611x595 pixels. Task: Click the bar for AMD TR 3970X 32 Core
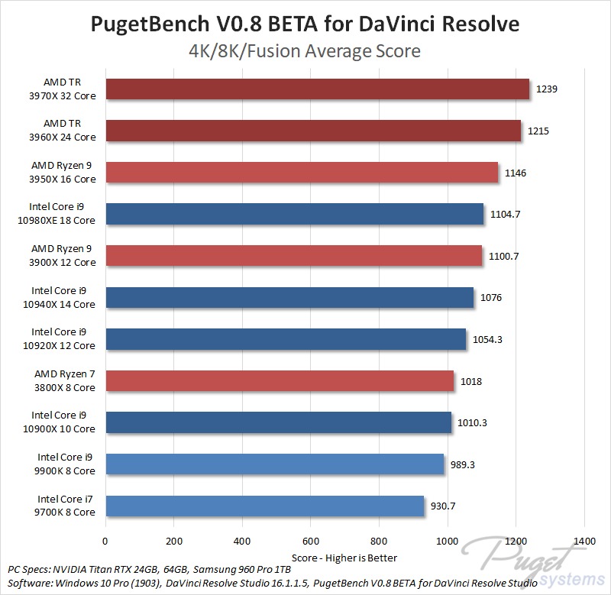click(x=317, y=89)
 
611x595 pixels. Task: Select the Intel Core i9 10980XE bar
click(x=294, y=214)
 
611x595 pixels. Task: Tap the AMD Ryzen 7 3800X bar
click(x=280, y=380)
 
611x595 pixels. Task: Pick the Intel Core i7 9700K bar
click(x=264, y=506)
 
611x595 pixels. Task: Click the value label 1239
click(x=547, y=89)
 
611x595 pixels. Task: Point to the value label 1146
click(x=516, y=173)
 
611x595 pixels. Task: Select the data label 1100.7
click(x=504, y=256)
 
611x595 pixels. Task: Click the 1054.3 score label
click(x=487, y=339)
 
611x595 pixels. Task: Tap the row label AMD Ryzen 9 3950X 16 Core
click(x=63, y=172)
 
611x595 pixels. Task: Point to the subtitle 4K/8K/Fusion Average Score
click(x=305, y=52)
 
